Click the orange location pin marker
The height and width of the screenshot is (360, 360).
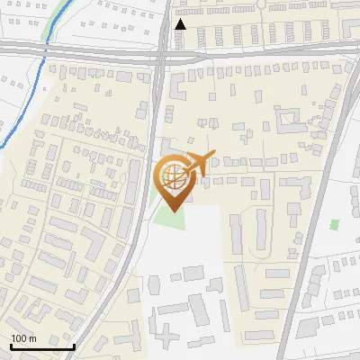[x=172, y=180]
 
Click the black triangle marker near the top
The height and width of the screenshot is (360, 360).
[x=181, y=24]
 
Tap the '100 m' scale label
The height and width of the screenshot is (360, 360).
[x=23, y=338]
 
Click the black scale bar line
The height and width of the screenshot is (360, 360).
[x=42, y=346]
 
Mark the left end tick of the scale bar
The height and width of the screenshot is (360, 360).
[x=11, y=344]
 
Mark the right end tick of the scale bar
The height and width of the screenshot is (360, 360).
[x=74, y=344]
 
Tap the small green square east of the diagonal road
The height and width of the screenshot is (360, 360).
[x=335, y=224]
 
